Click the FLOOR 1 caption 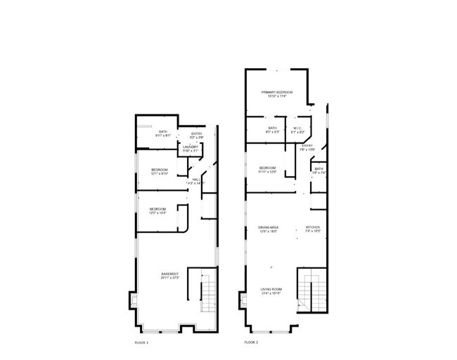tap(141, 342)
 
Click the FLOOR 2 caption tap(251, 342)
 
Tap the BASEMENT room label tap(170, 274)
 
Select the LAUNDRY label tap(191, 147)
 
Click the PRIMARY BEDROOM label tap(277, 92)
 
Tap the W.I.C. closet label tap(298, 128)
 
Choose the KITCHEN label tap(313, 228)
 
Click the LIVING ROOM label tap(271, 290)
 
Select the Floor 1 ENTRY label tap(197, 134)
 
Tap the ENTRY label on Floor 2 tap(307, 146)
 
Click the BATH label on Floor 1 tap(162, 132)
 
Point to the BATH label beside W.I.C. tap(273, 128)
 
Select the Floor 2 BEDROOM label tap(267, 168)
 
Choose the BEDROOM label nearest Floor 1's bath tap(160, 171)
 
